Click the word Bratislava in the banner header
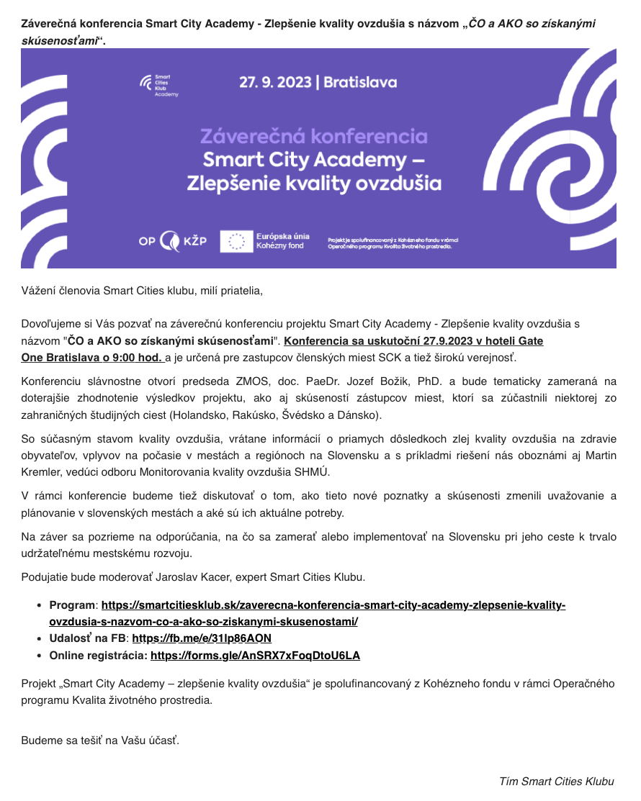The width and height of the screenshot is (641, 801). tap(360, 82)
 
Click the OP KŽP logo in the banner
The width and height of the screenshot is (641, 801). tap(172, 240)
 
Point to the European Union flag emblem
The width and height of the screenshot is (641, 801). tap(236, 241)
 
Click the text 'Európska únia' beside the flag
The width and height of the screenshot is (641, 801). tap(283, 235)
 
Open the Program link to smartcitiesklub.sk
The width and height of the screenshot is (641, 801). tap(333, 605)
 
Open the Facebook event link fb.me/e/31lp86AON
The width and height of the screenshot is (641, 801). tap(202, 638)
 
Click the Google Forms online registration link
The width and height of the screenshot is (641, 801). tap(255, 655)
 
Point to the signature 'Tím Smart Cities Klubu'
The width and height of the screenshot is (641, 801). tap(557, 781)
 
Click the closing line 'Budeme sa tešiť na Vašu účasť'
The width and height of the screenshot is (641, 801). tap(100, 740)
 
